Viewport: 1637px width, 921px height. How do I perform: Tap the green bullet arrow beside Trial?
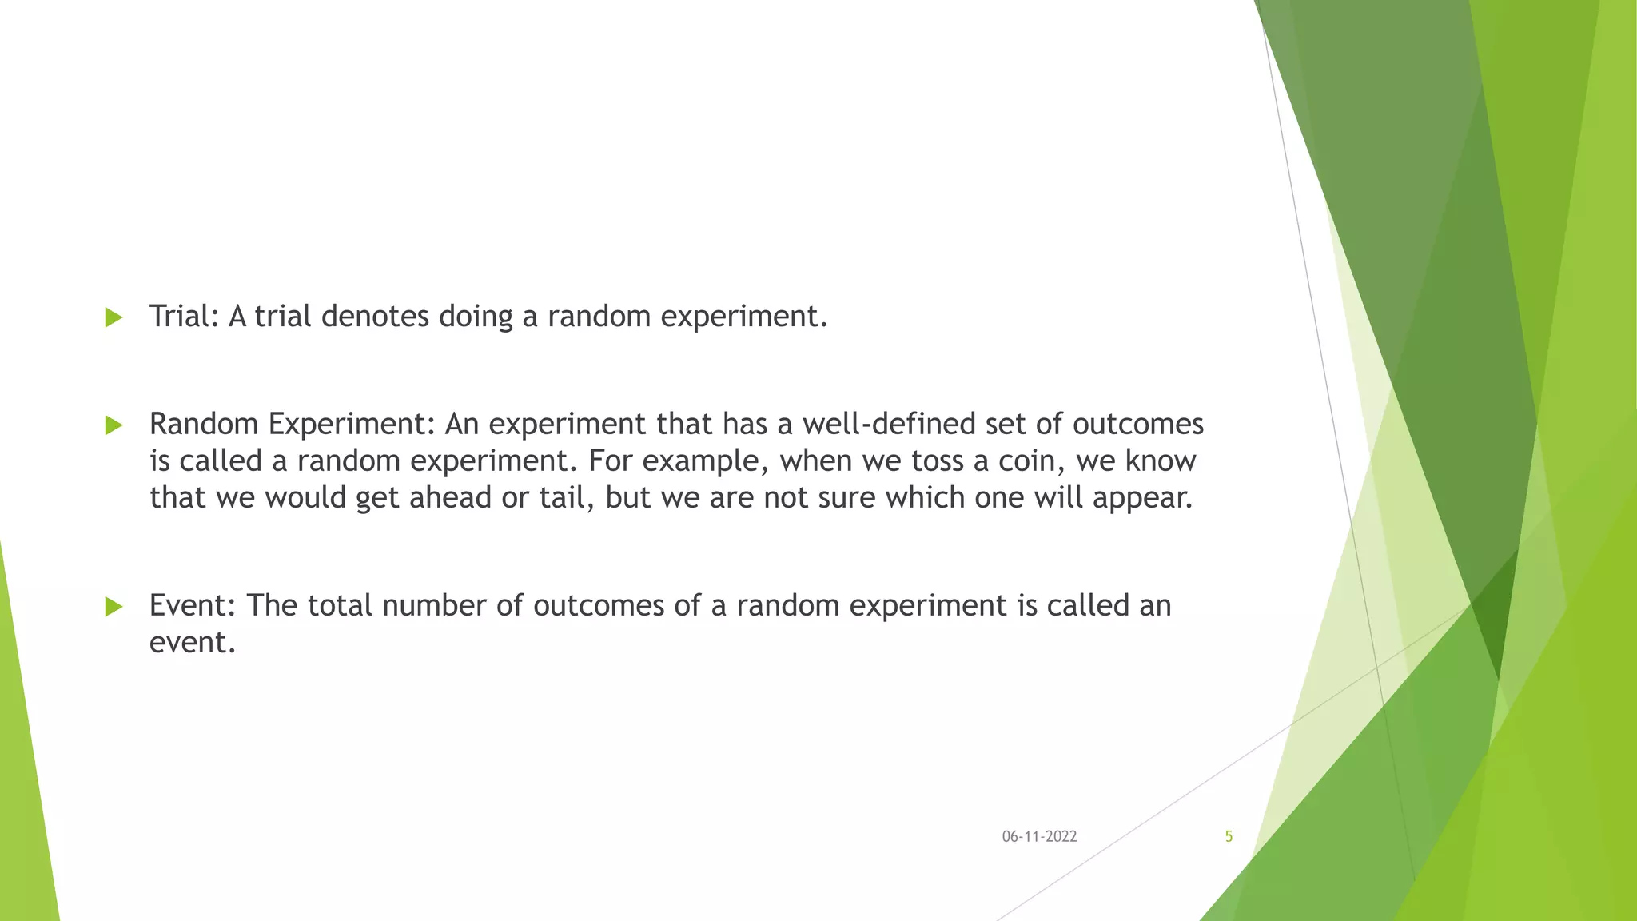pyautogui.click(x=114, y=317)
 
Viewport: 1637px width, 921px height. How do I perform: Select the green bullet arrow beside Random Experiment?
pyautogui.click(x=114, y=425)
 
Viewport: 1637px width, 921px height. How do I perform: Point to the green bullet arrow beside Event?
pyautogui.click(x=114, y=607)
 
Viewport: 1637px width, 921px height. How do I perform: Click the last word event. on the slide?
pyautogui.click(x=193, y=643)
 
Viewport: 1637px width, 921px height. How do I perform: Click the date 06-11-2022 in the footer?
pyautogui.click(x=1039, y=837)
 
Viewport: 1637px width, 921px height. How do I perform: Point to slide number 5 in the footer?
pyautogui.click(x=1229, y=837)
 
